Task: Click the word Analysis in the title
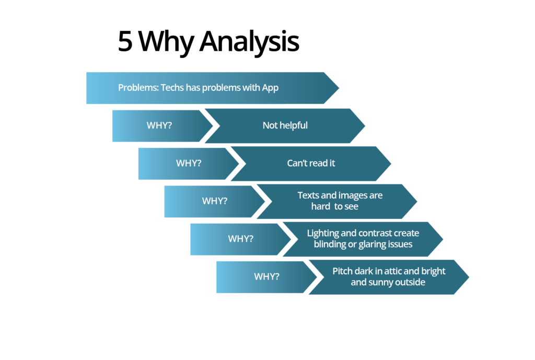tap(249, 43)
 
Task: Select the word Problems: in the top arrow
tap(138, 88)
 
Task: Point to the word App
tap(270, 88)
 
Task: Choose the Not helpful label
tap(285, 125)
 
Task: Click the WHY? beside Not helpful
tap(159, 125)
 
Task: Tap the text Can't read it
tap(311, 163)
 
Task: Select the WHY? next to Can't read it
tap(189, 163)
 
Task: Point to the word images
tap(353, 196)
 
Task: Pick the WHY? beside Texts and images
tap(215, 201)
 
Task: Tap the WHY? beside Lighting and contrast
tap(240, 239)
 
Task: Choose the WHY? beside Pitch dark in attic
tap(266, 276)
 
